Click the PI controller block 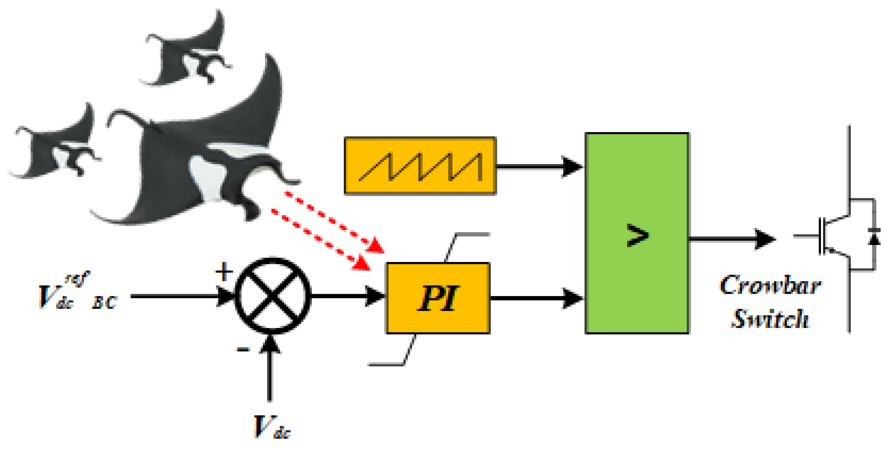point(438,298)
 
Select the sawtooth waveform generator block point(420,166)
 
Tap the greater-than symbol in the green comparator point(637,235)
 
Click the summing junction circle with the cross point(273,296)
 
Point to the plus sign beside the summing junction point(223,271)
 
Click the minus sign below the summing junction point(243,350)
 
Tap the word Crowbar point(771,286)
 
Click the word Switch point(771,318)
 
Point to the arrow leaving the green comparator point(732,239)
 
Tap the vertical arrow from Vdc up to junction point(269,370)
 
